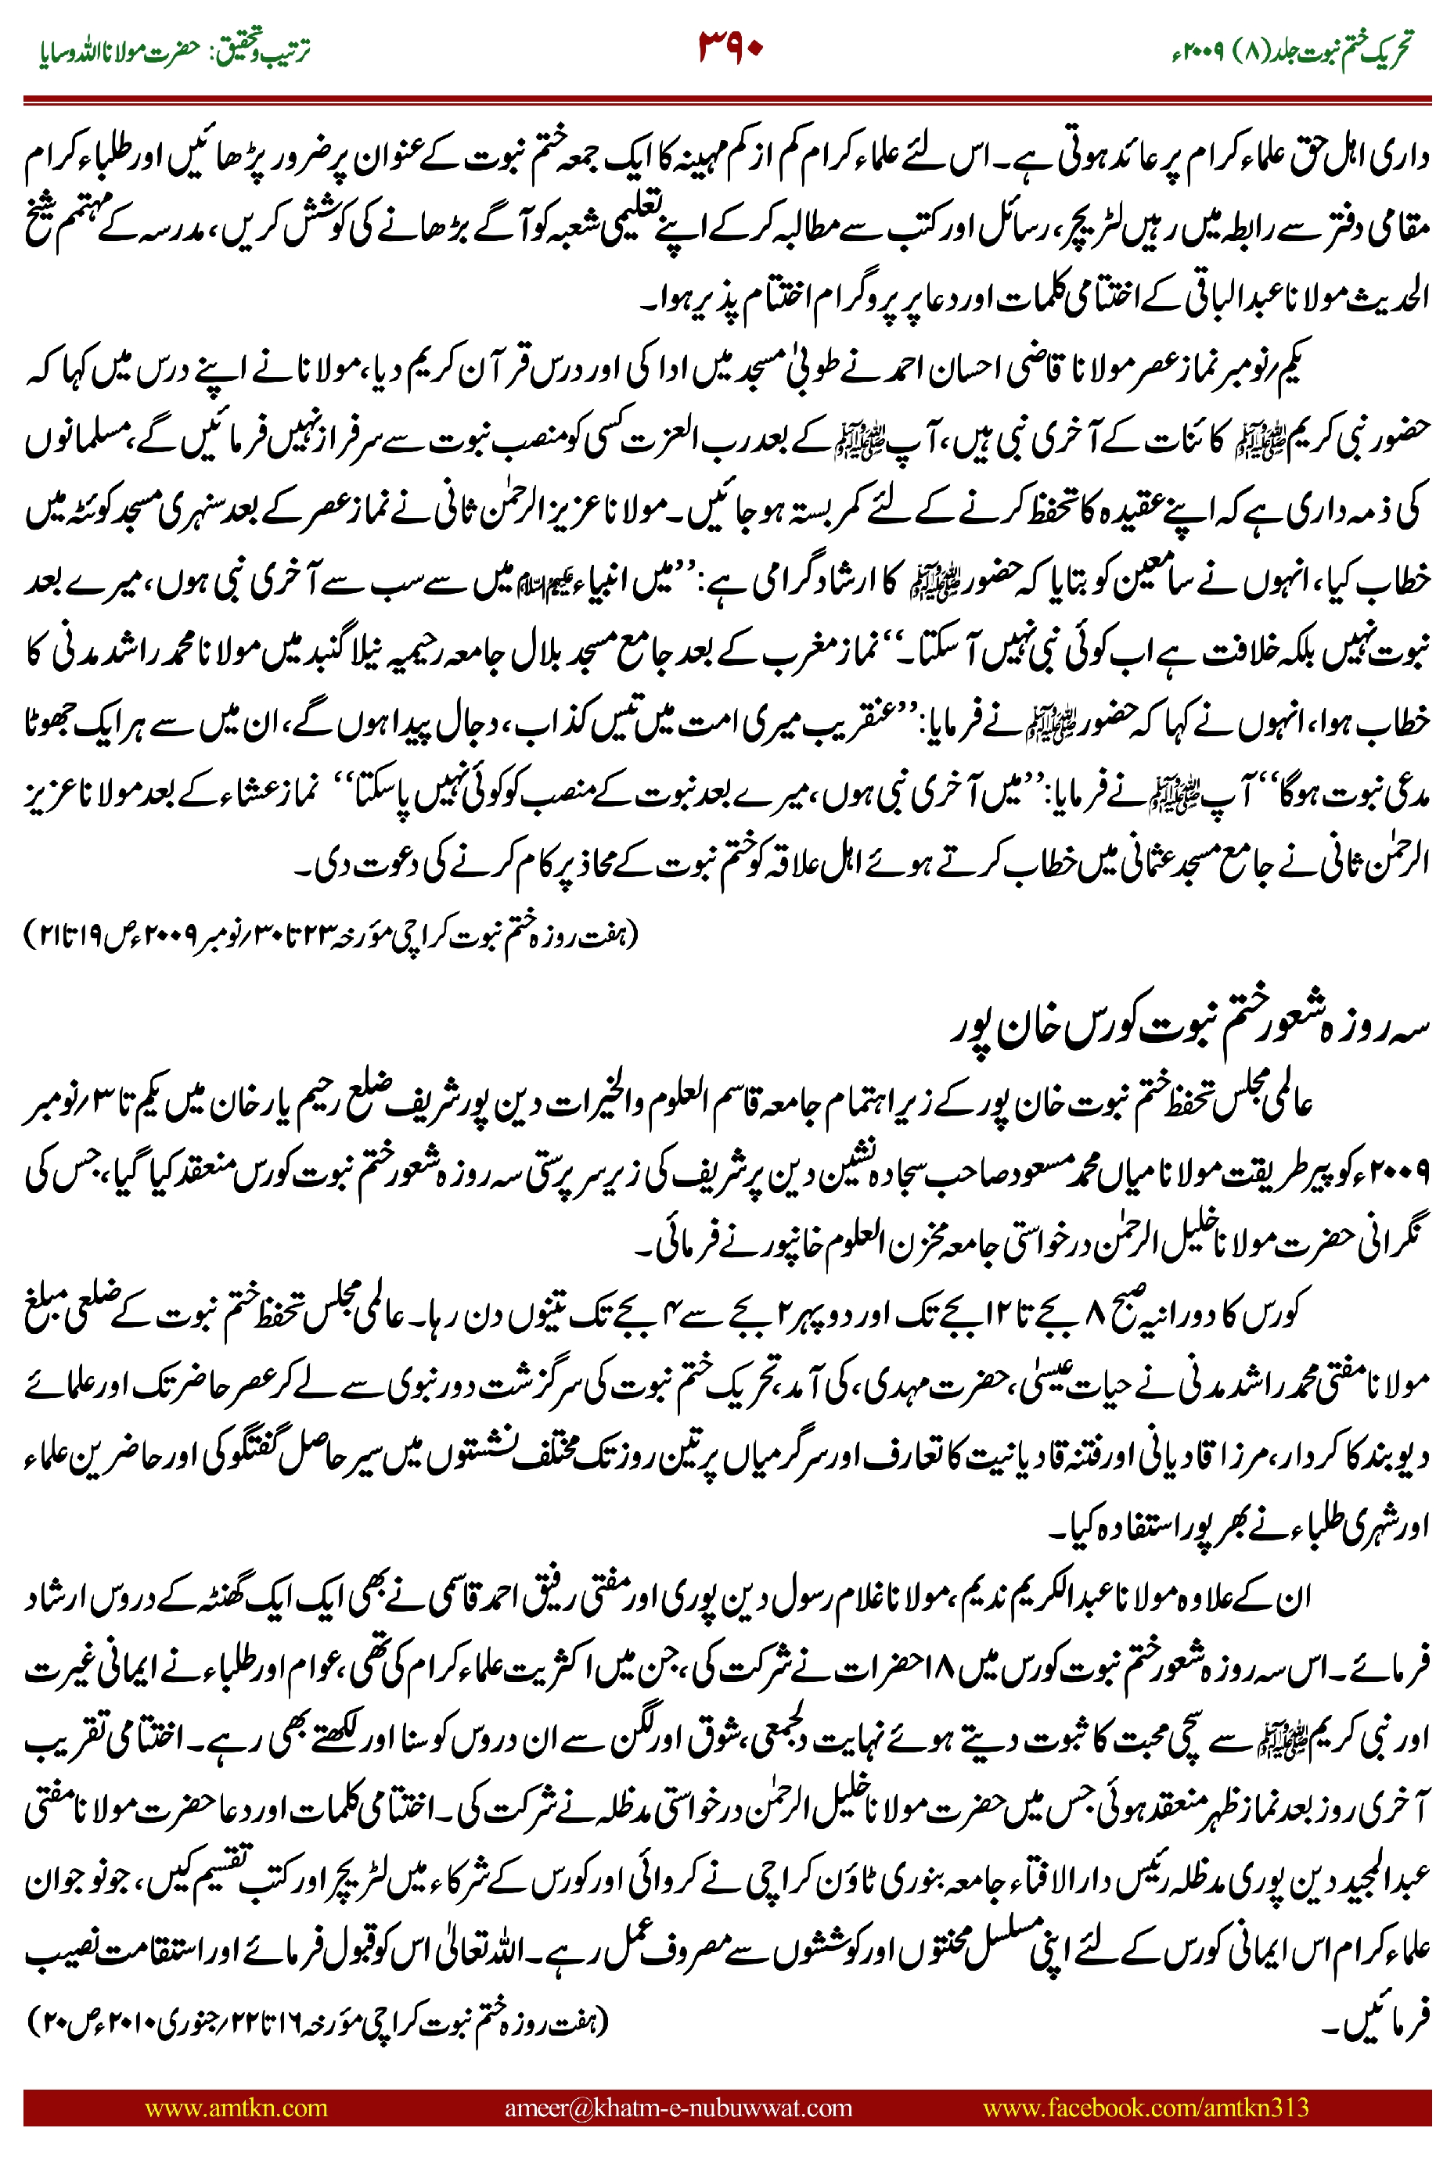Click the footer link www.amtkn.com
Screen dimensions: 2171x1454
(236, 2107)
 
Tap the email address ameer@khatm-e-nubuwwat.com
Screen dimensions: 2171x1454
(678, 2107)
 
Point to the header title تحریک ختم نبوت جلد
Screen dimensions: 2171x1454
(1335, 50)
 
